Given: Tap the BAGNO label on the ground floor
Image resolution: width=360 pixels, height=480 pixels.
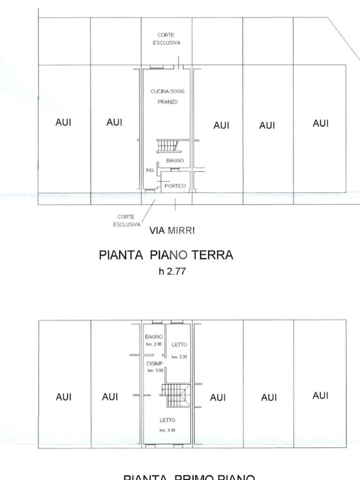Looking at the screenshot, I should click(175, 161).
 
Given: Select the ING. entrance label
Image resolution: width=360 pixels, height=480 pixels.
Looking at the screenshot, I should click(150, 170).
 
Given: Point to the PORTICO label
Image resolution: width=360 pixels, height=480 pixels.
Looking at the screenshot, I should click(175, 186).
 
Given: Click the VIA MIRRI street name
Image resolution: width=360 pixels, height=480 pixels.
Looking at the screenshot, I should click(172, 231).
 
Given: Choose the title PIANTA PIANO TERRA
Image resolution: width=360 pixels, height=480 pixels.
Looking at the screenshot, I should click(166, 255).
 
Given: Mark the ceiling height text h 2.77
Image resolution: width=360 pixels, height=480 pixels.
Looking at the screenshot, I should click(172, 271).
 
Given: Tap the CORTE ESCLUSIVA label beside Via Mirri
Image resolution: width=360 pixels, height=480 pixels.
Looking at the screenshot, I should click(126, 221).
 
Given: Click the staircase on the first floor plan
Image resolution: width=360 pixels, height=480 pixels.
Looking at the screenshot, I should click(175, 395).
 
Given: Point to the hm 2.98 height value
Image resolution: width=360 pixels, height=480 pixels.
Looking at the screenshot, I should click(154, 344).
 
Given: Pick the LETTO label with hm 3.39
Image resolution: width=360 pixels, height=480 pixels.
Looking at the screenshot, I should click(179, 345).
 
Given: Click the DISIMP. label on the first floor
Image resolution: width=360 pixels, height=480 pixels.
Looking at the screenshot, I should click(154, 364).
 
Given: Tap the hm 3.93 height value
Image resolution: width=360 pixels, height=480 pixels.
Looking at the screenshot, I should click(154, 371).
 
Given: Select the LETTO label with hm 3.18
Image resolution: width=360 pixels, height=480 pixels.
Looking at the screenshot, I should click(167, 420).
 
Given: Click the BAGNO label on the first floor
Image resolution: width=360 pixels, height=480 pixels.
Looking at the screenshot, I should click(154, 337).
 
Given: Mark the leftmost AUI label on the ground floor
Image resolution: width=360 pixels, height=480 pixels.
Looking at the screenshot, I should click(63, 122).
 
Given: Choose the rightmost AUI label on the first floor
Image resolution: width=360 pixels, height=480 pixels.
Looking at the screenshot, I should click(321, 396).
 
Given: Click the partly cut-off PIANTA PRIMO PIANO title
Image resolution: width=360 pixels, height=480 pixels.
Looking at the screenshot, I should click(189, 477).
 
